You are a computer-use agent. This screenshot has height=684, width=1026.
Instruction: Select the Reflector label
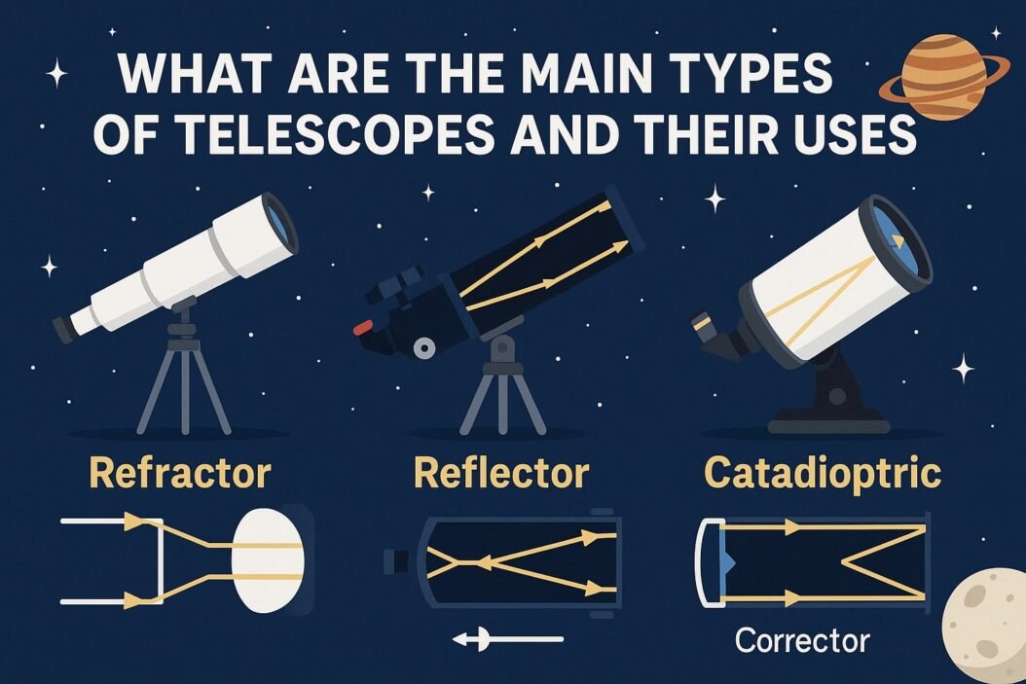[501, 474]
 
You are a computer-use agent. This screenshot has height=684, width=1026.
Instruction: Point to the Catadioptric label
[823, 474]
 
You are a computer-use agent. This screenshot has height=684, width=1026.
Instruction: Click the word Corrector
[802, 640]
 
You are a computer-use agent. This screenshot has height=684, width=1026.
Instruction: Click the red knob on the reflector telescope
[363, 326]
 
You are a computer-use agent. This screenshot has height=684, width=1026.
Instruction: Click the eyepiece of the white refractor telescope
[63, 328]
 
